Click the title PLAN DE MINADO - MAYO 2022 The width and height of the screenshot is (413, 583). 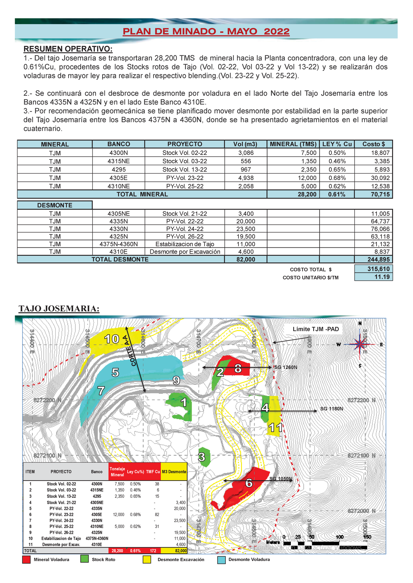[206, 32]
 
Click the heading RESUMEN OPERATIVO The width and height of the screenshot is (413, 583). [68, 49]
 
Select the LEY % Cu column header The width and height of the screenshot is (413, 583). [337, 144]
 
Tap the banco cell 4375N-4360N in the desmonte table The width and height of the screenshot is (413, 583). [118, 244]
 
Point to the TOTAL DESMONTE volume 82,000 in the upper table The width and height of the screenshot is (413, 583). [245, 259]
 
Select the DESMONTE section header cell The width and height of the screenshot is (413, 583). [55, 205]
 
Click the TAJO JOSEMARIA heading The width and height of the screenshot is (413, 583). [59, 309]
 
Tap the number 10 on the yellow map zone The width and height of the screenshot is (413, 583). [112, 339]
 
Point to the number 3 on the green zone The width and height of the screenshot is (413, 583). [202, 457]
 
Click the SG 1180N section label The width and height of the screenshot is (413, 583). [331, 409]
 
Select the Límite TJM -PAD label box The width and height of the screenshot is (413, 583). [316, 329]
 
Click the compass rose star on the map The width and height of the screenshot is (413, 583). [360, 344]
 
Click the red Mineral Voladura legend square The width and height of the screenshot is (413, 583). [26, 560]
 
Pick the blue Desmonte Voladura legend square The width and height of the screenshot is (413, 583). [222, 560]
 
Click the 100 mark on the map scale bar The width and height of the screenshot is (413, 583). [339, 537]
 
